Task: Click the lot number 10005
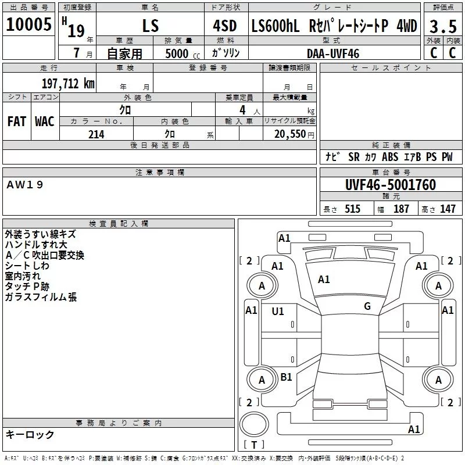pos(28,24)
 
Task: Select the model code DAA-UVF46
pos(333,53)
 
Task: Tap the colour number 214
pos(96,134)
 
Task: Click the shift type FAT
pos(17,121)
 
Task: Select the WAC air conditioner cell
pos(44,121)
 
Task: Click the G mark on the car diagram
pos(367,306)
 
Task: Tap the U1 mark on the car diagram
pos(278,312)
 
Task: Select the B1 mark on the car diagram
pos(286,377)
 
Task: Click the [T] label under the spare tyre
pos(253,445)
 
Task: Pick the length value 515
pos(352,209)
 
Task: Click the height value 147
pos(448,209)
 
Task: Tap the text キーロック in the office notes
pos(30,435)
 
